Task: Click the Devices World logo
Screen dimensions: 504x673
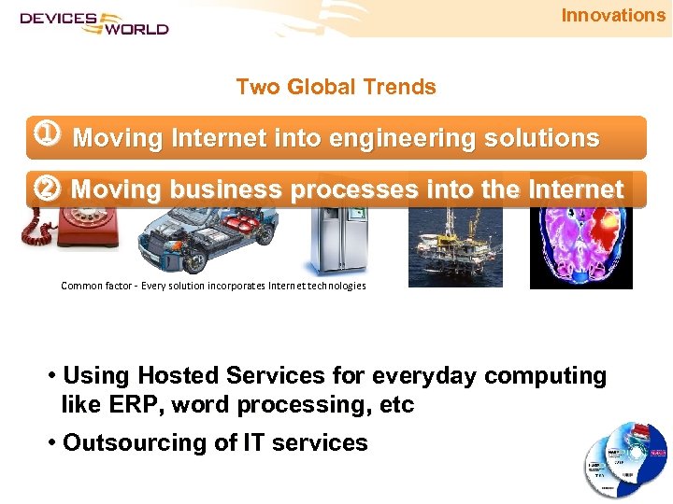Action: [x=93, y=22]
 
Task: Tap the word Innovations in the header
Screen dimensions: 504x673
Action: [x=612, y=15]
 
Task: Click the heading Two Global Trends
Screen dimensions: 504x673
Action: [x=336, y=87]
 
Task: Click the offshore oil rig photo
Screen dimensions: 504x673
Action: [x=455, y=246]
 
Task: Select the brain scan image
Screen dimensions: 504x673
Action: [x=580, y=247]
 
